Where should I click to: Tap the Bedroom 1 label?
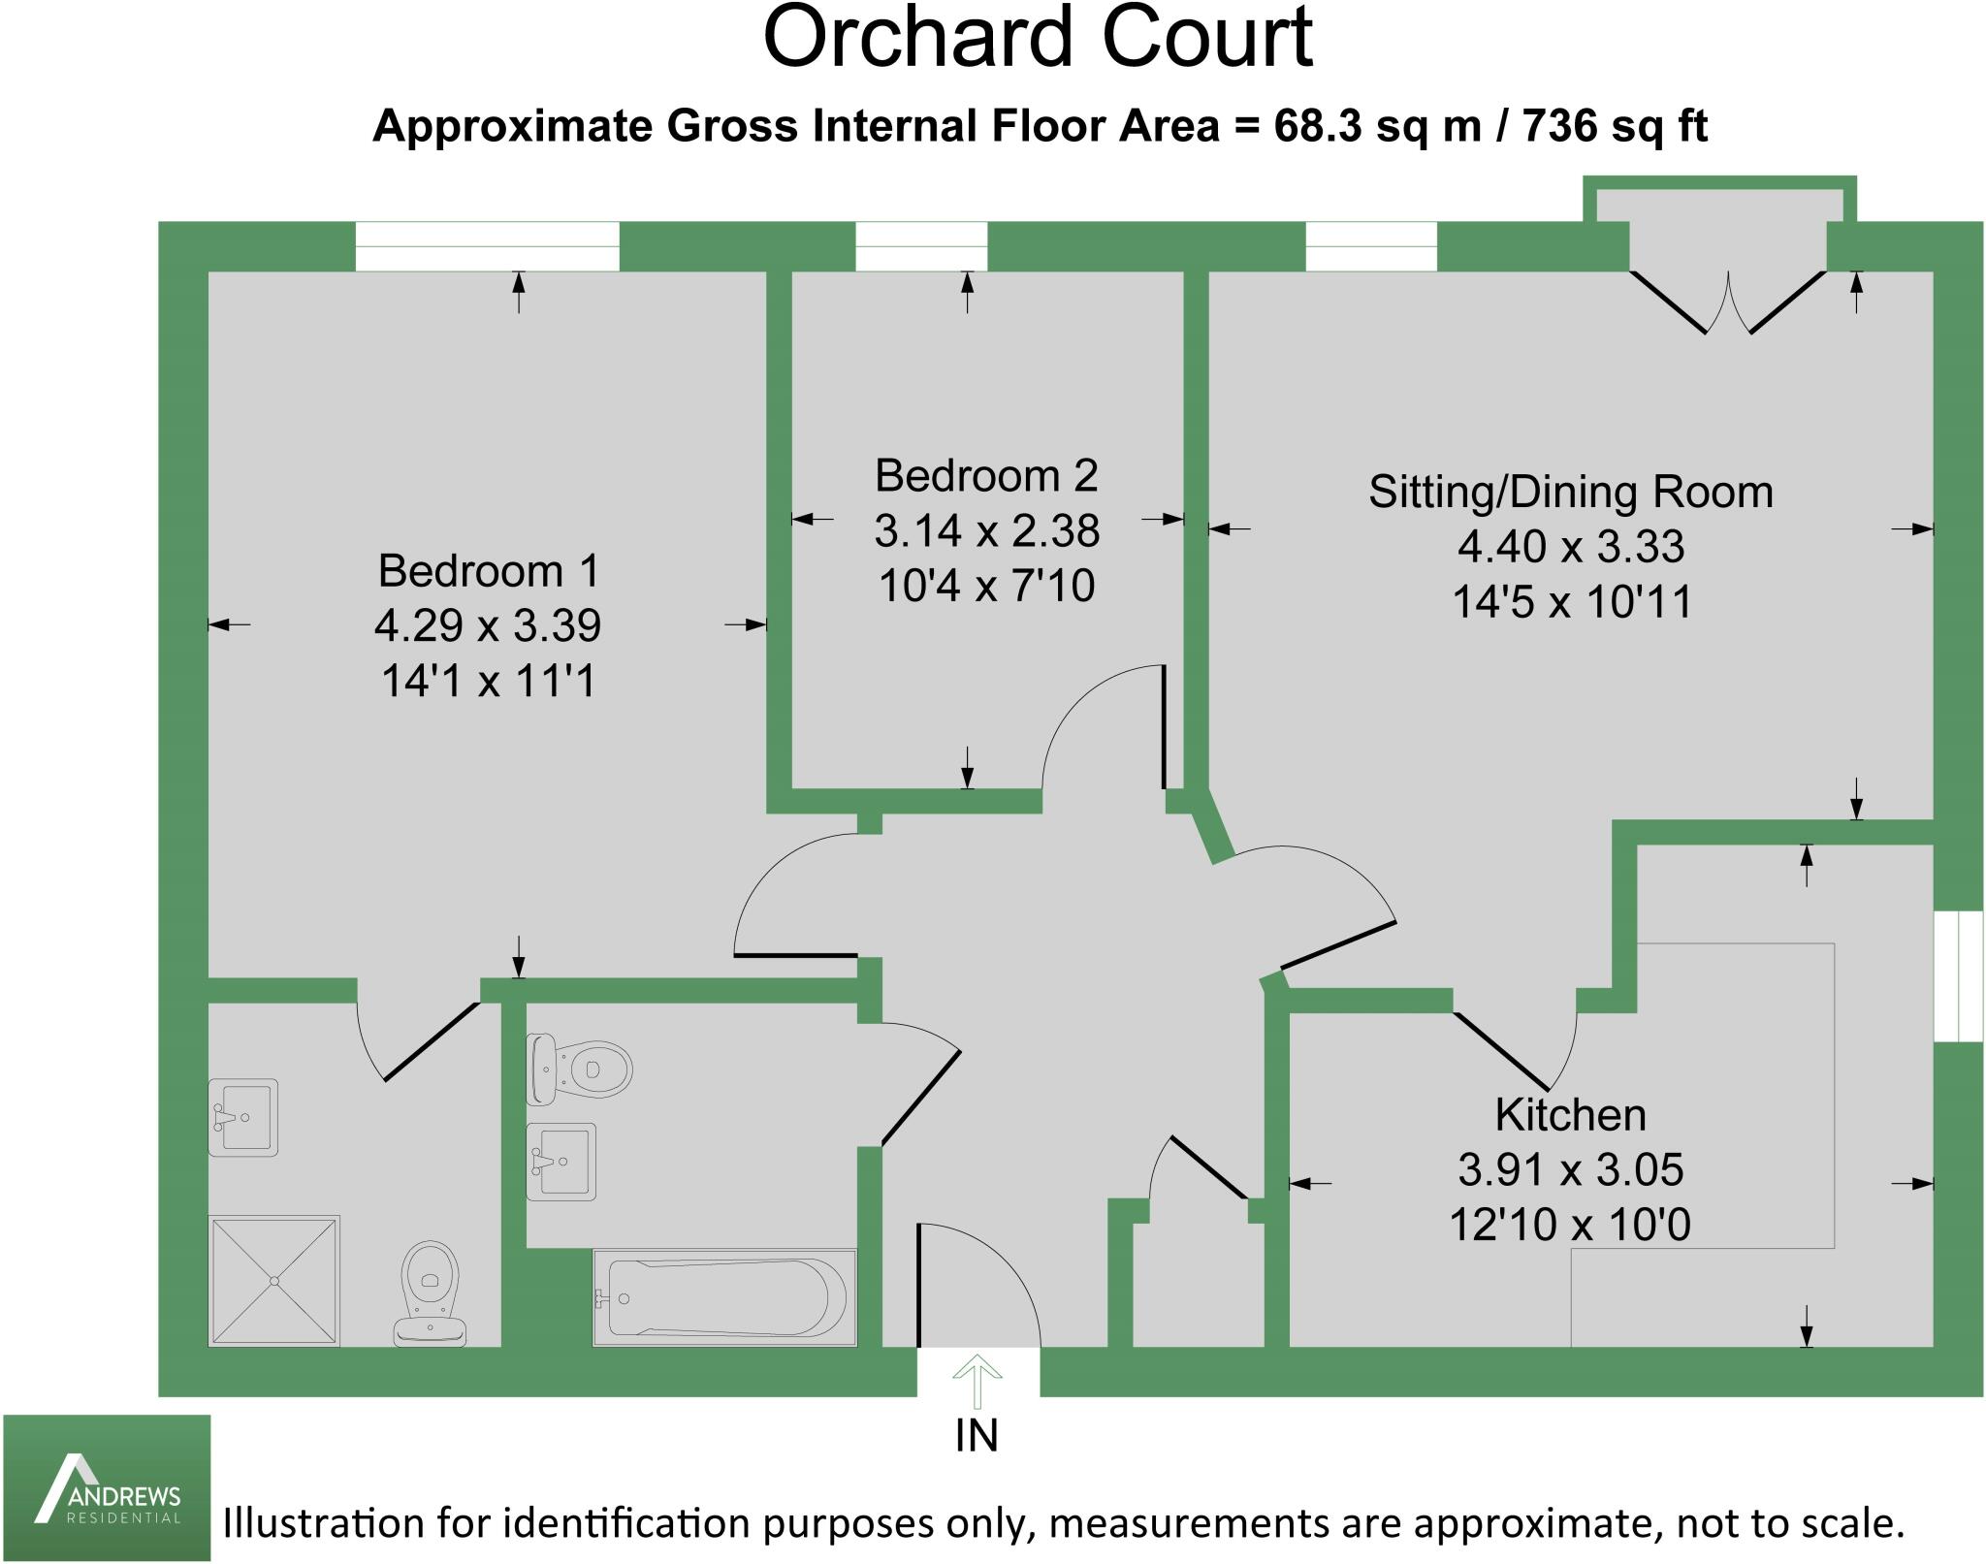(489, 570)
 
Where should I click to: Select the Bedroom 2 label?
(986, 475)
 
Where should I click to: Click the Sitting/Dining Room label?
(1571, 493)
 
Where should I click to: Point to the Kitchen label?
(1571, 1115)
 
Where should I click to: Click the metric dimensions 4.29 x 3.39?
(488, 625)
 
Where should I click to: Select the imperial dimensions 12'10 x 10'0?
(1570, 1225)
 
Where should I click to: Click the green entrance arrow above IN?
(977, 1381)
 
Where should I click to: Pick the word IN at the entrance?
(977, 1436)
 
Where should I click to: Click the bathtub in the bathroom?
(724, 1297)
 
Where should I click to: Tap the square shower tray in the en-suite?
(274, 1281)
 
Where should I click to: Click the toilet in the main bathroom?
(579, 1069)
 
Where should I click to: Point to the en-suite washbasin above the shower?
(242, 1117)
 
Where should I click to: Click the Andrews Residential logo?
(107, 1487)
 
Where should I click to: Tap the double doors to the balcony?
(1728, 303)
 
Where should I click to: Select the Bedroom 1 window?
(487, 246)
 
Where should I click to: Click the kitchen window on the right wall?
(1958, 976)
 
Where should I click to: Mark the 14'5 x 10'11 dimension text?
(1571, 602)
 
